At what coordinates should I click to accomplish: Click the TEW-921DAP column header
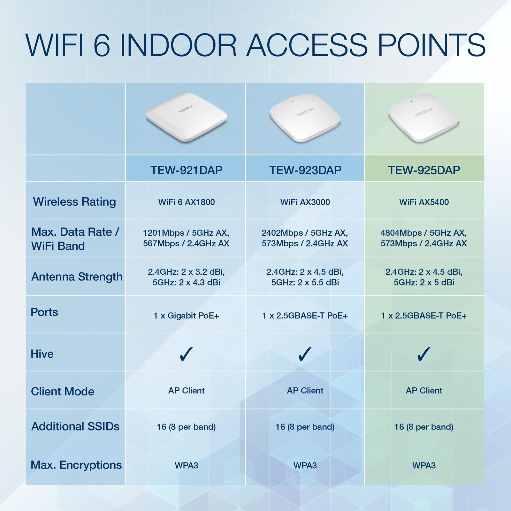point(187,170)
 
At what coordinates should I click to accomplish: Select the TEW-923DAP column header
point(305,170)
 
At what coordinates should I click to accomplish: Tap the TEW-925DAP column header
point(424,170)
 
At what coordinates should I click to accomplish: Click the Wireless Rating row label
point(74,202)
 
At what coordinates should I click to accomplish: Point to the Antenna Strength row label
point(77,277)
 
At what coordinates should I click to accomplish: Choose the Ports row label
point(44,312)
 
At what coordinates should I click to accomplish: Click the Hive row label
point(42,354)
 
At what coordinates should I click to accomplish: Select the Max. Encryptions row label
point(76,465)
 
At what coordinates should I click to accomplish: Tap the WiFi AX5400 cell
point(424,202)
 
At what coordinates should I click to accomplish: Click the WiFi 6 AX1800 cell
point(187,202)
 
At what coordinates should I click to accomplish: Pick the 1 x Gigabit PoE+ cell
point(187,316)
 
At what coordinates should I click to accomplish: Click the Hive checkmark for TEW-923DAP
point(305,354)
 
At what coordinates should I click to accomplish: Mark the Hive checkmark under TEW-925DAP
point(424,354)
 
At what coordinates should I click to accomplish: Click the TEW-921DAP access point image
point(187,117)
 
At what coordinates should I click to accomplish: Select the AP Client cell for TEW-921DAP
point(187,391)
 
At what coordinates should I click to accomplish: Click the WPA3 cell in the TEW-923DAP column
point(305,465)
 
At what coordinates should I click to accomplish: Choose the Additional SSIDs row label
point(75,426)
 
